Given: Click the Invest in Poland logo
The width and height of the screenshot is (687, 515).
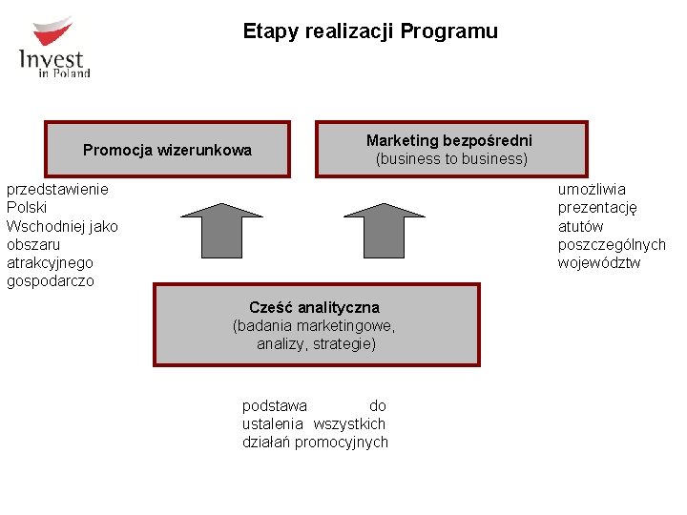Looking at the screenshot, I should pos(54,48).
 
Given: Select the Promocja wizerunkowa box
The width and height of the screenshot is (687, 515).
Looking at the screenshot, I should pos(167,150).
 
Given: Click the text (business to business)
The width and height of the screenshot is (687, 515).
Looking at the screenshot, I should pos(451,159).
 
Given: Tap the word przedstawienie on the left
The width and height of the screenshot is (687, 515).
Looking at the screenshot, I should pos(57,189).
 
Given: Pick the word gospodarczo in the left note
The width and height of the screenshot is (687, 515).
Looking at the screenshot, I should pos(51,281).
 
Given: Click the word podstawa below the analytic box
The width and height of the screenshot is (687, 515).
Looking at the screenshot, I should pos(275,406).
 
